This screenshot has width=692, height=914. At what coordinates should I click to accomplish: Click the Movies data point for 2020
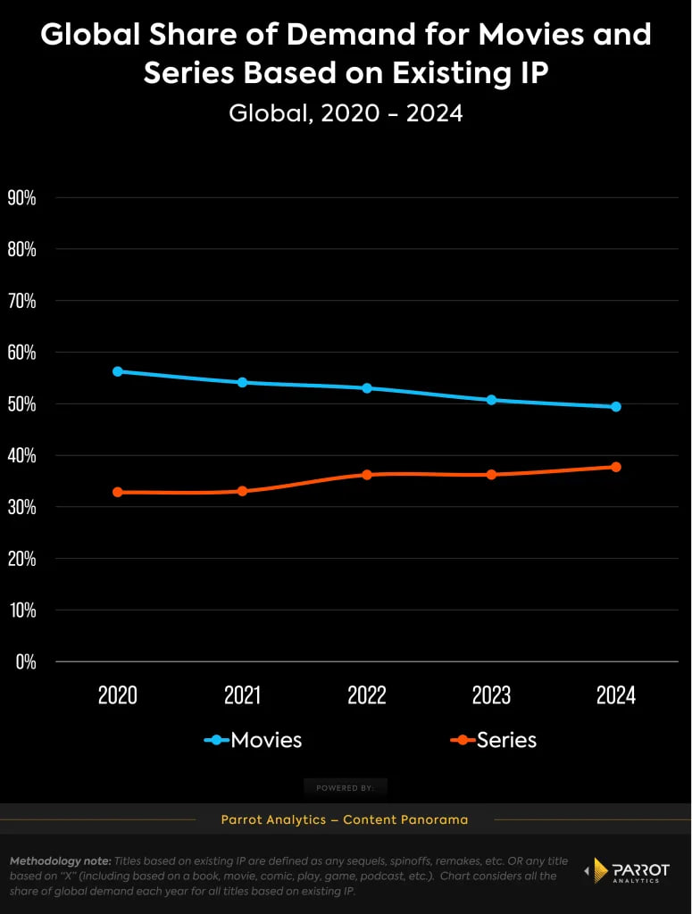(x=117, y=371)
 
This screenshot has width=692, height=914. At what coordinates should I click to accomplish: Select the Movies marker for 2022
(x=367, y=388)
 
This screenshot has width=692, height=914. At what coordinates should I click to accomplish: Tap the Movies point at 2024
(x=616, y=406)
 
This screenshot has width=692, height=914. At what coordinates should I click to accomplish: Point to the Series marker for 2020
(x=117, y=492)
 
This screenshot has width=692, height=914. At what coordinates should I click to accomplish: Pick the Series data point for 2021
(x=242, y=491)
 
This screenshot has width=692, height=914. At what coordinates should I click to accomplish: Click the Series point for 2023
(x=491, y=474)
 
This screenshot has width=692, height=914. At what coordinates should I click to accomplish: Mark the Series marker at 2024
(x=616, y=467)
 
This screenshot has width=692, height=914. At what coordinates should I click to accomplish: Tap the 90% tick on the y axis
(x=21, y=197)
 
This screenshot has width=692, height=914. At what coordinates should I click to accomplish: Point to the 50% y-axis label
(x=21, y=403)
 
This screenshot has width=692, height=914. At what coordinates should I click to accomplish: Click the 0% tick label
(x=25, y=661)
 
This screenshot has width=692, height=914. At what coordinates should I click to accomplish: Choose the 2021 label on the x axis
(x=242, y=695)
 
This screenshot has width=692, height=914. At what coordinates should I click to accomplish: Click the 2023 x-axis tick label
(x=491, y=695)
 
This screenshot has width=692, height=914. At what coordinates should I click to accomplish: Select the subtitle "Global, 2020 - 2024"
(x=346, y=113)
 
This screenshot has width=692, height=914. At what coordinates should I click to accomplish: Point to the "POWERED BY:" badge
(x=346, y=787)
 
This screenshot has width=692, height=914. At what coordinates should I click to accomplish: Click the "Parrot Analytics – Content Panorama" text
(x=345, y=819)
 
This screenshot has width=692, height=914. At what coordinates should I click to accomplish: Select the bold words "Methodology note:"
(x=59, y=861)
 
